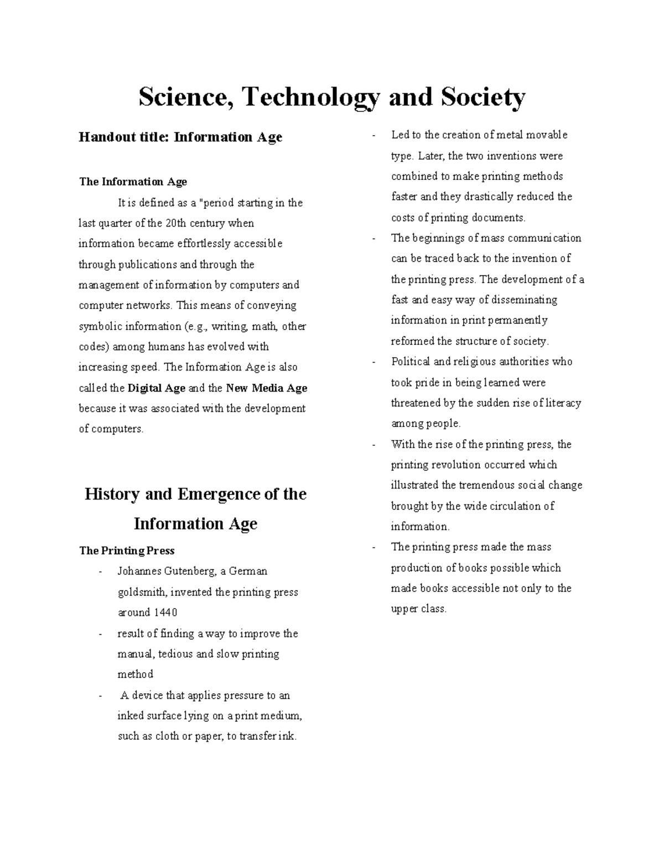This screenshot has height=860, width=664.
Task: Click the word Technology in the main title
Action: tap(310, 98)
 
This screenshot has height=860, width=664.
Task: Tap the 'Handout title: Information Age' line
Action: tap(180, 137)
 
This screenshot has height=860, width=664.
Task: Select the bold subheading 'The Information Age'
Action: tap(133, 182)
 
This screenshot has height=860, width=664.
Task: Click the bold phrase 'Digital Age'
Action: tap(157, 388)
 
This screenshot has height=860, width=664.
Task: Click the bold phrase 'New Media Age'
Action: tap(267, 388)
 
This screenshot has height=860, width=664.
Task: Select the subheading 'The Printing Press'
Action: tap(127, 550)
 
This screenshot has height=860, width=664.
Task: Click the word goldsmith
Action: tap(141, 592)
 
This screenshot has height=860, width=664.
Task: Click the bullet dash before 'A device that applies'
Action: tap(100, 696)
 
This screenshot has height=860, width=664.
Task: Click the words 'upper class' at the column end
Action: tap(418, 609)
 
